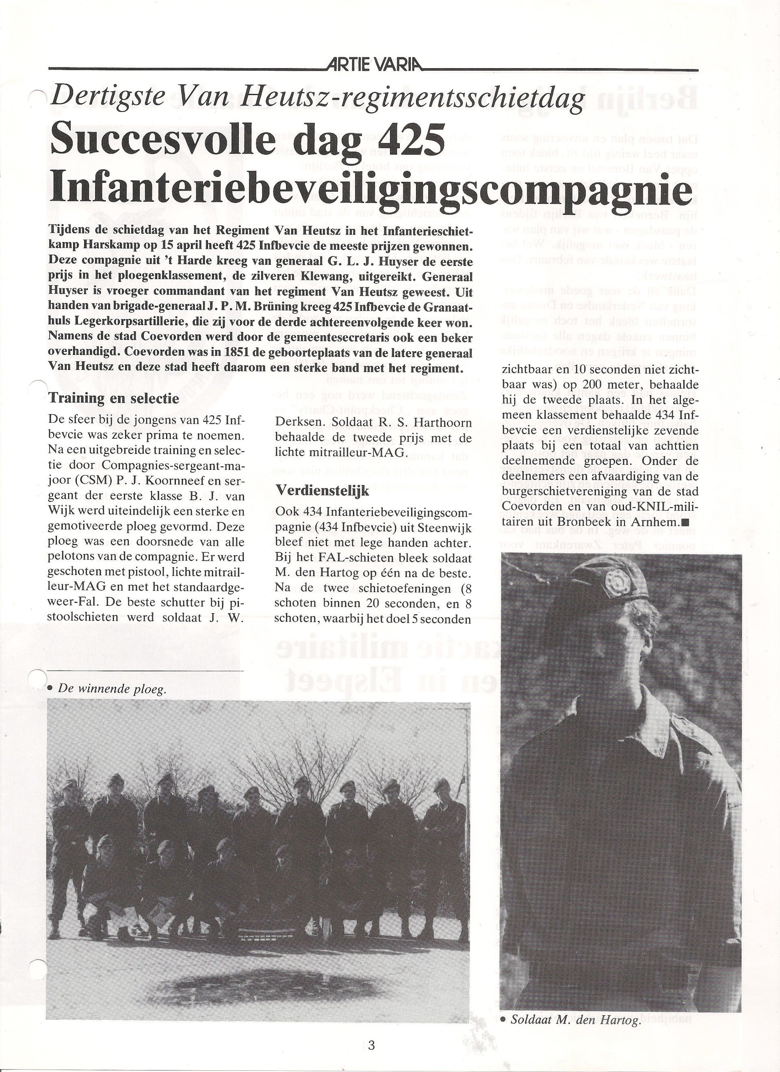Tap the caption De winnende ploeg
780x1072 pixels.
(112, 689)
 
